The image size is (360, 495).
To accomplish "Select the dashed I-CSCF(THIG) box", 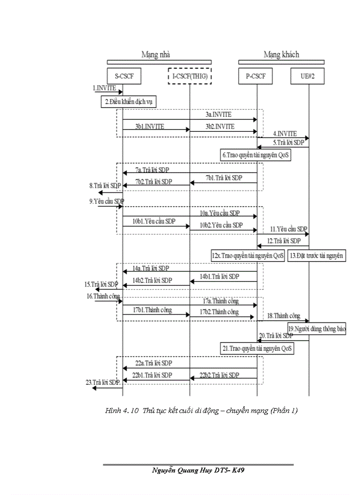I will (x=190, y=77).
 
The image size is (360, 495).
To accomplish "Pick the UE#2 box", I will (x=308, y=77).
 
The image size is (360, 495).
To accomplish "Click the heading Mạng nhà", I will (x=155, y=55).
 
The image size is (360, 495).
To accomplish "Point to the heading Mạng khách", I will (x=281, y=55).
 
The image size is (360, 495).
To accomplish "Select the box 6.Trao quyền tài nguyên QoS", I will (x=256, y=155).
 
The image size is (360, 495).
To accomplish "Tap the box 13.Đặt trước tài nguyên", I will (x=316, y=255).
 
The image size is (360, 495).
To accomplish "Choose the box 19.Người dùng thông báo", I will (x=316, y=328).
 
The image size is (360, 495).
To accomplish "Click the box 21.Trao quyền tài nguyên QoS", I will (x=258, y=348).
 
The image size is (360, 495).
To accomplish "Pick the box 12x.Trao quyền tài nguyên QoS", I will (x=248, y=255).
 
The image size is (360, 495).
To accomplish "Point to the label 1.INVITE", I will (x=105, y=89).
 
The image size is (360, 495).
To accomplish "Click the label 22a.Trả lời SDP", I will (x=154, y=363).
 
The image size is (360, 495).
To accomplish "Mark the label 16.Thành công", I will (x=101, y=296).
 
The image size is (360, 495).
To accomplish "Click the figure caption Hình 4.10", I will (x=202, y=411).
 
